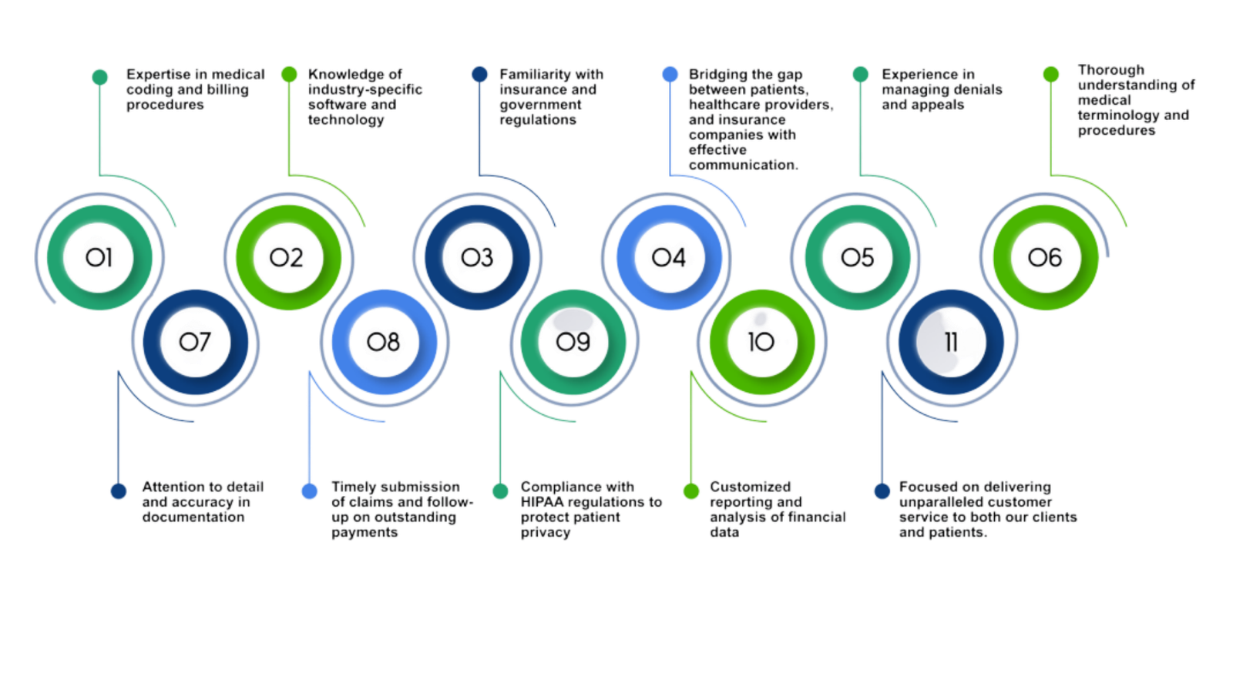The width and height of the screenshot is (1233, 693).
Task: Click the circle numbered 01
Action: (99, 257)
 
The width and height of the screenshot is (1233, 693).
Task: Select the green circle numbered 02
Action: (288, 257)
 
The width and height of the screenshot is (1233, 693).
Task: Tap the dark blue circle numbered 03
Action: (477, 257)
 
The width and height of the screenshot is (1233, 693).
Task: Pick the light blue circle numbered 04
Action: (668, 257)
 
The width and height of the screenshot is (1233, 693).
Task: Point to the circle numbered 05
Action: (857, 257)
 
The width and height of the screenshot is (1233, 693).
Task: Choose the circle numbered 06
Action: (1046, 257)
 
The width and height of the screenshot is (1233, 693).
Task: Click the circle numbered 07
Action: (196, 342)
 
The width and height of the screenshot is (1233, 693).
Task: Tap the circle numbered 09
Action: (573, 342)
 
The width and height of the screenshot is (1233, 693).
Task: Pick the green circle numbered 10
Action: (762, 342)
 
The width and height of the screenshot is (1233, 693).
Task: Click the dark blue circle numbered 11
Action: (951, 342)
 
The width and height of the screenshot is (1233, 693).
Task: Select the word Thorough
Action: (1110, 70)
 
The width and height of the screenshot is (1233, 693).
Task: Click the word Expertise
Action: (159, 75)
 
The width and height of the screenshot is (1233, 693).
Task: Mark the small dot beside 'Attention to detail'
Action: (119, 491)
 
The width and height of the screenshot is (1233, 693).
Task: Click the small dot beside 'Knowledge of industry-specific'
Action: (289, 75)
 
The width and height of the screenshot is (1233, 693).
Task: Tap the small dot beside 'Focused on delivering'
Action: (882, 491)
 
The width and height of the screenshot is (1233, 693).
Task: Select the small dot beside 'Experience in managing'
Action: (861, 75)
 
